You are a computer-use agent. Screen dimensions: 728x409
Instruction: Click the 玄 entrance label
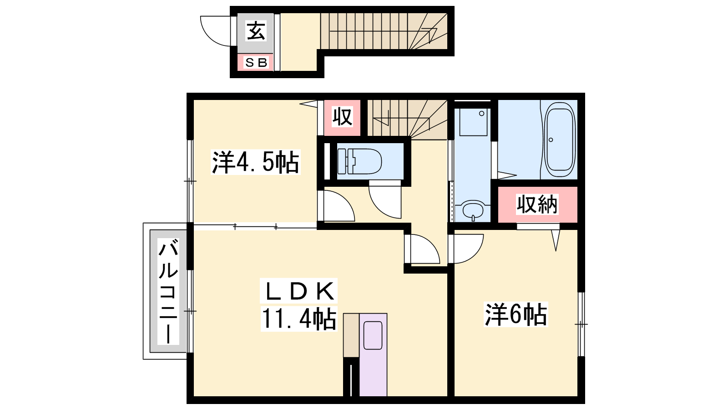pos(256,31)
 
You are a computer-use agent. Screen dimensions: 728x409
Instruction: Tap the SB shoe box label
pos(256,62)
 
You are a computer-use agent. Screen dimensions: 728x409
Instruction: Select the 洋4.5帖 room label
pos(255,162)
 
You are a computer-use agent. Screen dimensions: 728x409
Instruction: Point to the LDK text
pos(299,291)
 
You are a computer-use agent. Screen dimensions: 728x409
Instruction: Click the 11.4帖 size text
pos(299,319)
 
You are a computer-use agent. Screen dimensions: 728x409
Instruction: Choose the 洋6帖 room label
pos(516,314)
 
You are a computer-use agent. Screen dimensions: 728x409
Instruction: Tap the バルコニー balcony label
pos(168,291)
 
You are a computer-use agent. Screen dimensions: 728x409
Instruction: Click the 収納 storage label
pos(537,204)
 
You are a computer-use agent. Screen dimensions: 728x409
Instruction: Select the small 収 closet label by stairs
pos(342,117)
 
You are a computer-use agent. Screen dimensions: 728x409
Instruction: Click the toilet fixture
pos(359,161)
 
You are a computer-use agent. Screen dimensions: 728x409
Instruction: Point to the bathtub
pos(560,140)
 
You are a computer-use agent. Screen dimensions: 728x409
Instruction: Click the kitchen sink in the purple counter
pos(373,335)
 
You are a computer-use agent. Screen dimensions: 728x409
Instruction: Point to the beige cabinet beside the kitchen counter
pos(351,335)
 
